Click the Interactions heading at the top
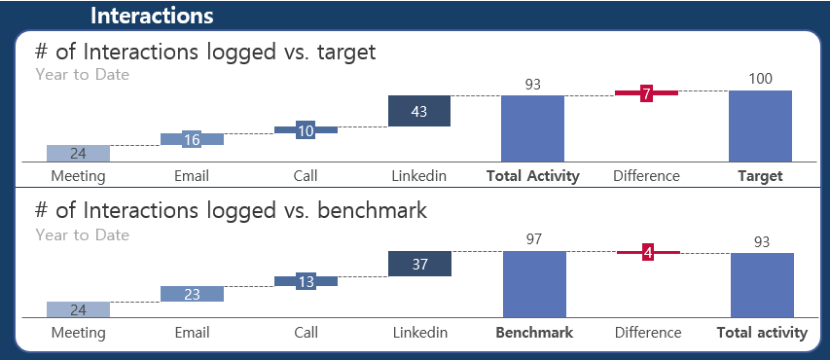[152, 16]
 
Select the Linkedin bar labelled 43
[419, 111]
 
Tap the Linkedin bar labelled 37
[419, 264]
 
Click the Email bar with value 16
[192, 139]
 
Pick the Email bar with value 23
[192, 294]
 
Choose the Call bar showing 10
[306, 129]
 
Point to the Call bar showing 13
[306, 281]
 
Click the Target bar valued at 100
[760, 126]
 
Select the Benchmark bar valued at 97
[534, 283]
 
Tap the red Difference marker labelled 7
[646, 93]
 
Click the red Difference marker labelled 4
[648, 253]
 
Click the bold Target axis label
[760, 176]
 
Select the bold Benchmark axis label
[534, 333]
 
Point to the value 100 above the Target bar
[761, 79]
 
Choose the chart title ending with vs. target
[204, 53]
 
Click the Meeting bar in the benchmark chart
[78, 309]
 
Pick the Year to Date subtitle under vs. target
[82, 74]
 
